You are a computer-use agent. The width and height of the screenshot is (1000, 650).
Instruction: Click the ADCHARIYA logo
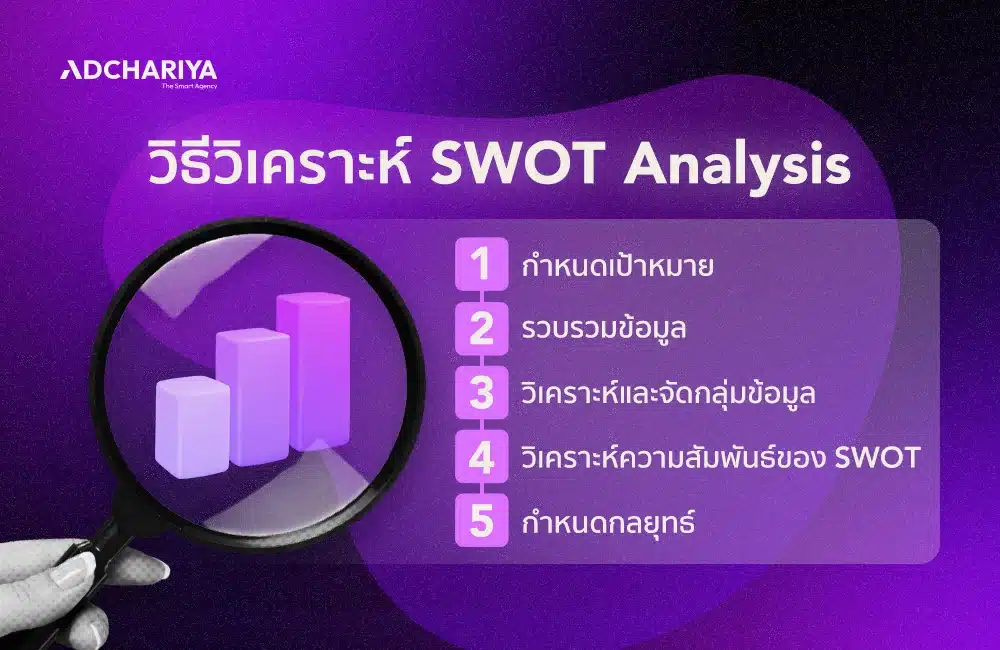click(139, 70)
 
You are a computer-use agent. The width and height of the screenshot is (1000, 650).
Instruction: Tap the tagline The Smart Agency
click(189, 86)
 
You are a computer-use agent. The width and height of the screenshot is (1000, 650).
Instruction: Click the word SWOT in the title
click(519, 167)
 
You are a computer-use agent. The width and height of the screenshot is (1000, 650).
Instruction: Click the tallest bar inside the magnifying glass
click(313, 370)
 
